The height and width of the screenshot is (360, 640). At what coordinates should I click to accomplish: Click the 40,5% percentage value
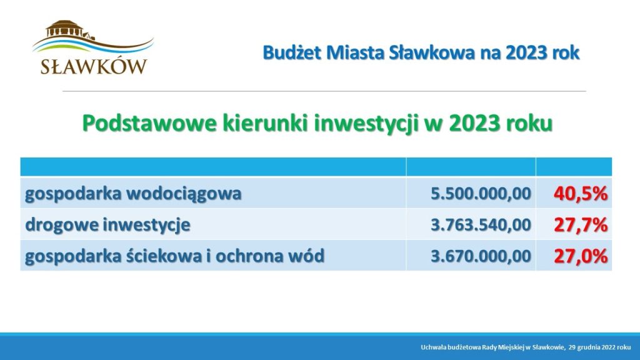(x=581, y=194)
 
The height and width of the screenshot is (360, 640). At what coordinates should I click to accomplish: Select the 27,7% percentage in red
(x=581, y=225)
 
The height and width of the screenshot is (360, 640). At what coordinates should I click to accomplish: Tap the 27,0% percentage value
(x=581, y=256)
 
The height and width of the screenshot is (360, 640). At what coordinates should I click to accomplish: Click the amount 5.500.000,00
(x=481, y=194)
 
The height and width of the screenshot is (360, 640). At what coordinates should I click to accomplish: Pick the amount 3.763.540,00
(x=481, y=225)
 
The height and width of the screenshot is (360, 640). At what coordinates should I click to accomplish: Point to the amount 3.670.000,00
(x=481, y=256)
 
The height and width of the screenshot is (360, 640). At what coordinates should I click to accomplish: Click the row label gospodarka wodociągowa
(x=133, y=194)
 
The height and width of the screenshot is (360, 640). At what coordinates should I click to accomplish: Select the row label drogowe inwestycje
(x=107, y=225)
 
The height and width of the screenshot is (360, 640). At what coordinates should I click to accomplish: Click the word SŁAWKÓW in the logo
(x=94, y=66)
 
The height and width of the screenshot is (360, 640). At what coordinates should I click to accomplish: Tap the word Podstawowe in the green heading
(x=149, y=123)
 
